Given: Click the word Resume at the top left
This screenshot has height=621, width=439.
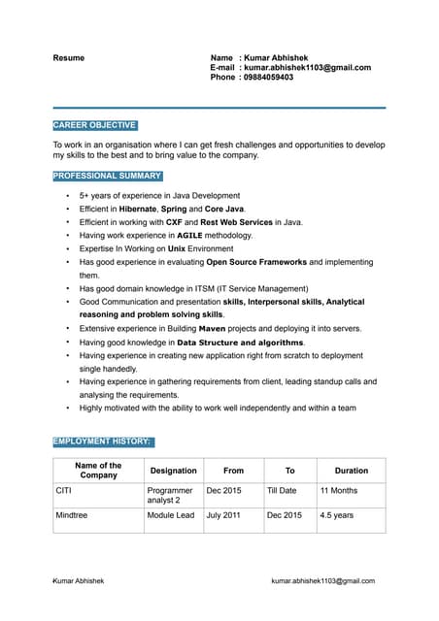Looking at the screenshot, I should pyautogui.click(x=68, y=58).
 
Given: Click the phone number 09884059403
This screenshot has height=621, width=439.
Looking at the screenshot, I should pyautogui.click(x=268, y=78).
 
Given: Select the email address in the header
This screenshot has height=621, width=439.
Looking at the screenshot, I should pyautogui.click(x=307, y=68).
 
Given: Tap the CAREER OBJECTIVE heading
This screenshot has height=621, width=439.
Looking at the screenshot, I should pyautogui.click(x=94, y=125).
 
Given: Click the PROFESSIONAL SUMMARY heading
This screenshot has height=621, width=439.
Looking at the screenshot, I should pyautogui.click(x=107, y=176).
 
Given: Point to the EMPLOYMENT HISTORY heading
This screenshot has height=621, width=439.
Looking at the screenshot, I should pyautogui.click(x=102, y=441).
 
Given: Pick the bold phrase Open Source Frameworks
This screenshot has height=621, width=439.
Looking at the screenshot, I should pyautogui.click(x=256, y=262).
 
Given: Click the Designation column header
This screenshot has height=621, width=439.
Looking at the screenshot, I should pyautogui.click(x=173, y=471).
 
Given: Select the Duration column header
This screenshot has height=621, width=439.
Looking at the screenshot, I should pyautogui.click(x=352, y=471).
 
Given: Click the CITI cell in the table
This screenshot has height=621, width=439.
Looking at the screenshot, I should pyautogui.click(x=65, y=491).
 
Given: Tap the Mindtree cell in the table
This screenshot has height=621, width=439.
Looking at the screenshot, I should pyautogui.click(x=72, y=515).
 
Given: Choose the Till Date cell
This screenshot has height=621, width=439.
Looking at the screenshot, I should pyautogui.click(x=282, y=491).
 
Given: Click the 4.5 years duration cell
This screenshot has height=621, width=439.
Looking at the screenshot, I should pyautogui.click(x=337, y=515).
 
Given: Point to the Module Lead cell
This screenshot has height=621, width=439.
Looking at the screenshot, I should pyautogui.click(x=171, y=515).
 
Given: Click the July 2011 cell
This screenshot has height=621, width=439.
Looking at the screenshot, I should pyautogui.click(x=223, y=515).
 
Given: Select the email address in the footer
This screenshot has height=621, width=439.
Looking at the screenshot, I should pyautogui.click(x=322, y=580).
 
